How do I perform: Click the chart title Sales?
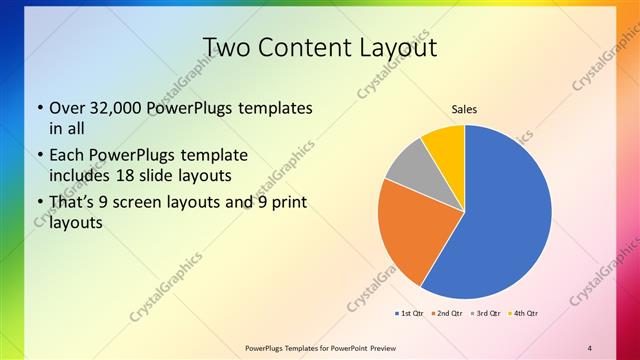(464, 109)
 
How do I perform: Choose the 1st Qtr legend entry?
(409, 314)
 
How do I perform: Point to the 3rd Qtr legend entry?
(485, 314)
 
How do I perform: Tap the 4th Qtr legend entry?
(524, 314)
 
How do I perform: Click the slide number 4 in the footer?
(590, 347)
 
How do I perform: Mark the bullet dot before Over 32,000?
(39, 108)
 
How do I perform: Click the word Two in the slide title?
(225, 47)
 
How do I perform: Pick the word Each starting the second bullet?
(67, 156)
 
